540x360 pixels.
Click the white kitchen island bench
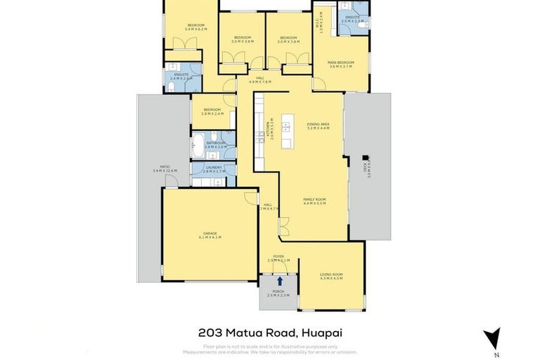click(x=287, y=132)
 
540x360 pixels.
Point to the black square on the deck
click(x=365, y=157)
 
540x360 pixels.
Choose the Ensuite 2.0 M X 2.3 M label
click(x=352, y=19)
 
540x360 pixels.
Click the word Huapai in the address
click(x=322, y=333)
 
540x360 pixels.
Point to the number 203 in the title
click(x=209, y=333)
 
